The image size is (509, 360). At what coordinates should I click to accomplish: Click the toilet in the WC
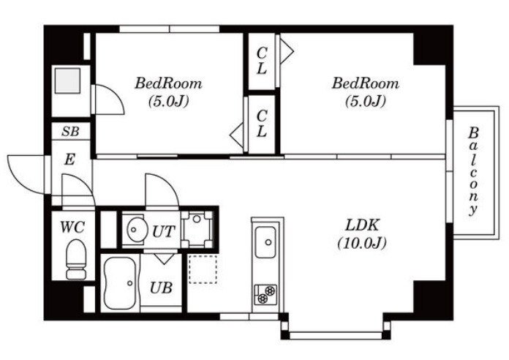[x=76, y=259]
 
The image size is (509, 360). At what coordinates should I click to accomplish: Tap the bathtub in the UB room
[x=120, y=283]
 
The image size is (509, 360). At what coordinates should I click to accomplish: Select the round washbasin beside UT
[x=135, y=229]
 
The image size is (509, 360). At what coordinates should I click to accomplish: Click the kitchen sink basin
[x=265, y=242]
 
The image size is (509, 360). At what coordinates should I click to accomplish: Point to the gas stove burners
[x=265, y=294]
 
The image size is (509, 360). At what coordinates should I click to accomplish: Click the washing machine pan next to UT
[x=197, y=229]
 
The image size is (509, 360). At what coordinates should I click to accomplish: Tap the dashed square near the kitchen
[x=203, y=269]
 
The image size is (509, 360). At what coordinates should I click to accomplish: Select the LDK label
[x=362, y=225]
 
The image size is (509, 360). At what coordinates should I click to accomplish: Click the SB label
[x=70, y=131]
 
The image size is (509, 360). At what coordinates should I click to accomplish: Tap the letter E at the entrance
[x=69, y=160]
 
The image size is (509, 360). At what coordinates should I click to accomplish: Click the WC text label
[x=72, y=227]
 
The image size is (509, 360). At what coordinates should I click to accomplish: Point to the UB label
[x=161, y=288]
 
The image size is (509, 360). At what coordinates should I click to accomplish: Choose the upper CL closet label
[x=262, y=61]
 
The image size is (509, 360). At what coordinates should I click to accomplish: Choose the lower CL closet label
[x=262, y=123]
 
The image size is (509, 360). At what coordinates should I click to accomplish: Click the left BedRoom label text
[x=168, y=83]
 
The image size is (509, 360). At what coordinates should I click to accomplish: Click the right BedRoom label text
[x=365, y=83]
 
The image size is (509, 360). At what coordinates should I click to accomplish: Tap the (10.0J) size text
[x=362, y=243]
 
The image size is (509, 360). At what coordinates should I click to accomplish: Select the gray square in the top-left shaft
[x=67, y=80]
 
